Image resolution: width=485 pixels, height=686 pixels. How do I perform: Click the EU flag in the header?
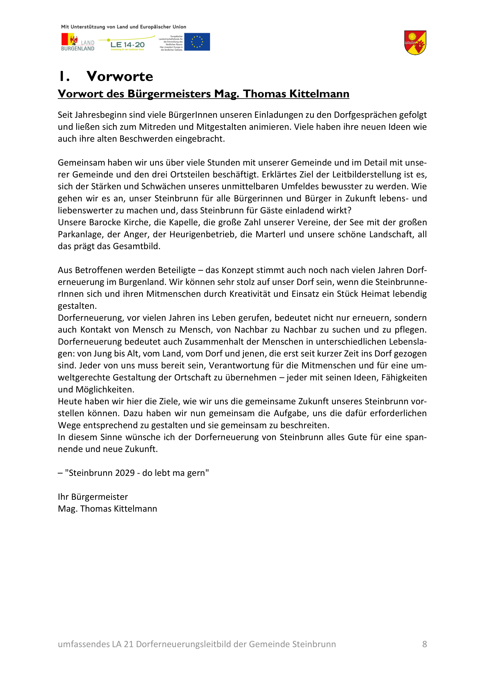pos(197,42)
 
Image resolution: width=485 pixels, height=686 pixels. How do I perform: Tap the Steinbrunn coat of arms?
pos(415,43)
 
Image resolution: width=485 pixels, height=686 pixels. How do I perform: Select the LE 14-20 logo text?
pos(127,45)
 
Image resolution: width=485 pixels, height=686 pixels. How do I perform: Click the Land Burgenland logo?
pos(78,42)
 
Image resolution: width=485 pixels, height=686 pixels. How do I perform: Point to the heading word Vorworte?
pos(120,77)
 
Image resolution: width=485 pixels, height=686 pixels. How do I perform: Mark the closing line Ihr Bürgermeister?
pos(93,497)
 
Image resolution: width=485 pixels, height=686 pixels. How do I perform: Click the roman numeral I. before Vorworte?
pos(64,77)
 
